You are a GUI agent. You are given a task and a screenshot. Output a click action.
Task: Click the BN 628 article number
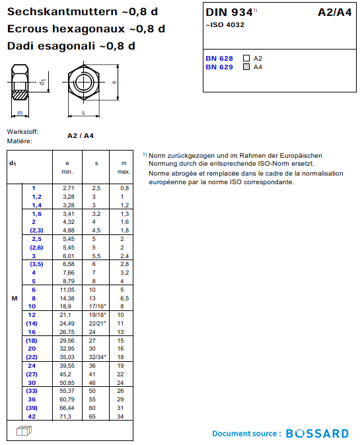[219, 59]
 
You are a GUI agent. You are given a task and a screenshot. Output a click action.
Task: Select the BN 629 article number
[219, 67]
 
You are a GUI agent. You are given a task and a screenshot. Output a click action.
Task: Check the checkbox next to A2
[246, 58]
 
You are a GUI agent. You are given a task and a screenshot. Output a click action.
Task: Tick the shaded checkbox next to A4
[246, 67]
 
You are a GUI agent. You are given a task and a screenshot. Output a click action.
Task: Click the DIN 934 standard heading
[229, 12]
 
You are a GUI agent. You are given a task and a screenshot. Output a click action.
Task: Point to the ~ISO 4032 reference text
[225, 25]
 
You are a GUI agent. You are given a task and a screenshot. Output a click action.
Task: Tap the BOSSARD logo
[318, 433]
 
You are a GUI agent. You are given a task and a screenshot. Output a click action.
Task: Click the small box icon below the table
[24, 431]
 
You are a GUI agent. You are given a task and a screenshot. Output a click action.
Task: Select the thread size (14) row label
[32, 324]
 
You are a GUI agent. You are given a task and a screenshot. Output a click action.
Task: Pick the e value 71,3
[65, 417]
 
